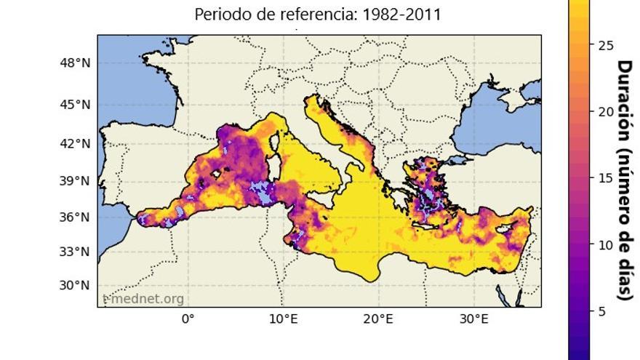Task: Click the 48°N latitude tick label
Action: pyautogui.click(x=75, y=63)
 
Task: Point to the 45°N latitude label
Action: pyautogui.click(x=75, y=105)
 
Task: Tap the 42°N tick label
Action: pyautogui.click(x=75, y=143)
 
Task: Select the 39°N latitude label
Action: pyautogui.click(x=75, y=181)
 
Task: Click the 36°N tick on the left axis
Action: pyautogui.click(x=75, y=217)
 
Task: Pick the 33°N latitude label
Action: pyautogui.click(x=75, y=252)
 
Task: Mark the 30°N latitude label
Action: pyautogui.click(x=75, y=285)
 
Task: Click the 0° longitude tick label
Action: pyautogui.click(x=188, y=319)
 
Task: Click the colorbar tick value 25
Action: pyautogui.click(x=606, y=45)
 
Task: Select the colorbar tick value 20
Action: pyautogui.click(x=606, y=111)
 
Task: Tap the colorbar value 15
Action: pyautogui.click(x=606, y=178)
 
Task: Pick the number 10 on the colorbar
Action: pyautogui.click(x=606, y=245)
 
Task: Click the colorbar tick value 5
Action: pyautogui.click(x=602, y=311)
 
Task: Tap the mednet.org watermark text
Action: pyautogui.click(x=145, y=298)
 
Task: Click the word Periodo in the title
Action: pyautogui.click(x=221, y=15)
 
